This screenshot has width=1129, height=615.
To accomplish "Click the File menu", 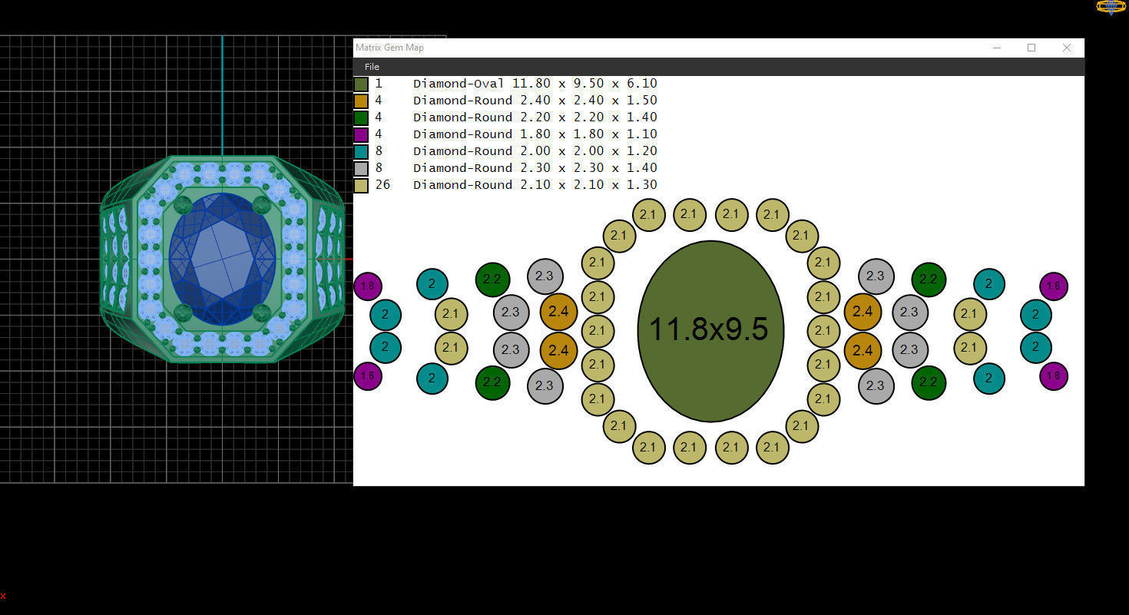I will click(372, 67).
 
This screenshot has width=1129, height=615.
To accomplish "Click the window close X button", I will click(1066, 48).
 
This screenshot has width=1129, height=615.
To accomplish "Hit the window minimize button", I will click(997, 48).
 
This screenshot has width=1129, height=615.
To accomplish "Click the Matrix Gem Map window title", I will click(389, 48).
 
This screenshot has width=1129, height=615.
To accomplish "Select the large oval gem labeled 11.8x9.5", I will click(710, 331).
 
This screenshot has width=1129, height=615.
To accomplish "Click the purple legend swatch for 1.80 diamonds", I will click(361, 134).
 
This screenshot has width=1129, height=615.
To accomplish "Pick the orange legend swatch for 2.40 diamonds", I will click(361, 101).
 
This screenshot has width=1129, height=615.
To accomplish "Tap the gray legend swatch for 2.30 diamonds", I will click(361, 168).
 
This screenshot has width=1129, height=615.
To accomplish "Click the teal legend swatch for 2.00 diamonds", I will click(361, 151).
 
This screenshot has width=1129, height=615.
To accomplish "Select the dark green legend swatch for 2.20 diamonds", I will click(361, 117).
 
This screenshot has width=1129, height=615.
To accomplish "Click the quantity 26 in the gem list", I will click(382, 185).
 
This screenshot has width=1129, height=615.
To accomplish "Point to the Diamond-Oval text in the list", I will click(459, 84).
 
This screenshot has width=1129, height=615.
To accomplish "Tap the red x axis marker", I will click(3, 596).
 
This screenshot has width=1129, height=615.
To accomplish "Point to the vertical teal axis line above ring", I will click(222, 92).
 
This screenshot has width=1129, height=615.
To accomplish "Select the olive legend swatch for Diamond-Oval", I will click(361, 84).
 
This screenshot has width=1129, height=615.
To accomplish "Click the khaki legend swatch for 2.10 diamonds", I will click(361, 185).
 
